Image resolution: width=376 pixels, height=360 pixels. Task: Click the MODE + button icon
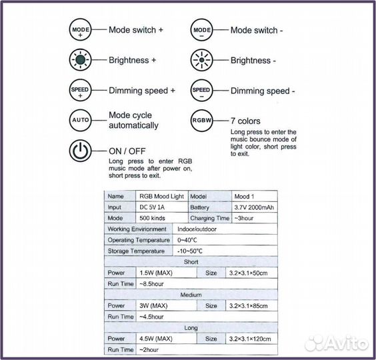(80, 29)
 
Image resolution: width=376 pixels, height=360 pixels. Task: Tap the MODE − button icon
(202, 30)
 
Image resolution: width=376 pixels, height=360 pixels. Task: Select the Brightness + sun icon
(80, 60)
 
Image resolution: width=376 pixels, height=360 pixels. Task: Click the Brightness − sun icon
(202, 60)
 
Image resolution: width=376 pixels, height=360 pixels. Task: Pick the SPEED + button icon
(80, 90)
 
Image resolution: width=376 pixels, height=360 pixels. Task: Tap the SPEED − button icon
(202, 91)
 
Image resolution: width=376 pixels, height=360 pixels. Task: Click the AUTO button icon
(80, 120)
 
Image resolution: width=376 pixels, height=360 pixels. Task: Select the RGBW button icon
(202, 121)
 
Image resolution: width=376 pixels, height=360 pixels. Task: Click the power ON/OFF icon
(80, 151)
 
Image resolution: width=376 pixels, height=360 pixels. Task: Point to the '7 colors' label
(245, 121)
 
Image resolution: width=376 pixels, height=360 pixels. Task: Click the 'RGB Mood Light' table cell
(161, 197)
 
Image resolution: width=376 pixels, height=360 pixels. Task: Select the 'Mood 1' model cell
(255, 197)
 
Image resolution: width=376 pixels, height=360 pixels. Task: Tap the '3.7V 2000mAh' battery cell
(255, 207)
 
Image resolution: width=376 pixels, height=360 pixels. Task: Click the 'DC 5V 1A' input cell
(161, 207)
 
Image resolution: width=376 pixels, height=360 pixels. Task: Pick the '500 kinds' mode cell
(161, 218)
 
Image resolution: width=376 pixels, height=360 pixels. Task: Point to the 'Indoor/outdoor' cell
(225, 229)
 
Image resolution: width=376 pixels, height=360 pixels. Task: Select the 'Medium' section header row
(191, 295)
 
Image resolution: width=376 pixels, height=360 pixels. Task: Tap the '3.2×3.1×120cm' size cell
(251, 339)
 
